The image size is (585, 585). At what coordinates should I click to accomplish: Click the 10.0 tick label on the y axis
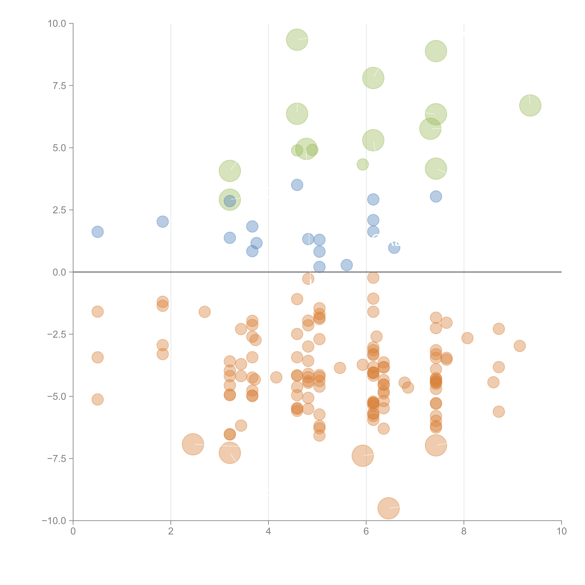57,24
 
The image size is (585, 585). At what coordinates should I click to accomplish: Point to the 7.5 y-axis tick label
59,86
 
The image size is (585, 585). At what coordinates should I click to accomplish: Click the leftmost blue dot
97,232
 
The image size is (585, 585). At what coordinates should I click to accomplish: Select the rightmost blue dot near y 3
436,197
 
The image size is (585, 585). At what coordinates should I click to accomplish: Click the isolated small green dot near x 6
362,164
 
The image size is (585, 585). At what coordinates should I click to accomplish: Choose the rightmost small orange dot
520,346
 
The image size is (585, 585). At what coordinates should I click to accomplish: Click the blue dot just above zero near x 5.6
346,265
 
